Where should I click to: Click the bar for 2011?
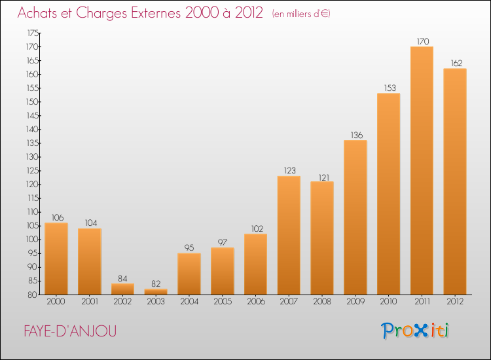click(422, 171)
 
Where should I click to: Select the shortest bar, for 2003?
click(156, 292)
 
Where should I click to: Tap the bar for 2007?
click(289, 236)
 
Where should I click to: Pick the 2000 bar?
click(56, 259)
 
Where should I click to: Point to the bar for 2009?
click(355, 217)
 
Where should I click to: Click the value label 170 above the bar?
click(423, 41)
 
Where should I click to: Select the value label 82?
click(156, 283)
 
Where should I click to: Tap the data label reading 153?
click(390, 88)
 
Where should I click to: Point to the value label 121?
click(324, 178)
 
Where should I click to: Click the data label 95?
click(189, 247)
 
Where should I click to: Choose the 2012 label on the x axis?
click(455, 302)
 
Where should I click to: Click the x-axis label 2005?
click(223, 302)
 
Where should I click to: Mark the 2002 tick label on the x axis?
click(122, 302)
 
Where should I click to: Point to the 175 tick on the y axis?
click(33, 33)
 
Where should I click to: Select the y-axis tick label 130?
click(32, 157)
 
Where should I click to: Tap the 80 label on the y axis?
click(32, 295)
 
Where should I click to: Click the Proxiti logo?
click(415, 331)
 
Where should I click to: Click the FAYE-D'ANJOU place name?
click(70, 331)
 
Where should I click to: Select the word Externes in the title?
click(156, 13)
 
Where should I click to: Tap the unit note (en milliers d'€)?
click(301, 14)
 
